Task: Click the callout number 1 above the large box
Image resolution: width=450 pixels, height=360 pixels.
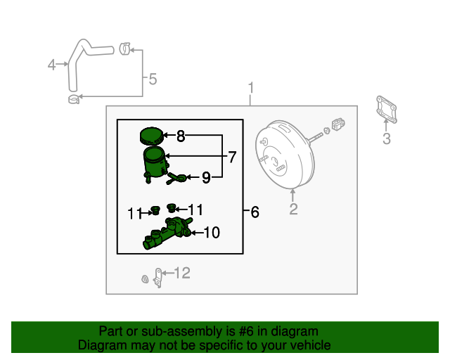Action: coord(250,89)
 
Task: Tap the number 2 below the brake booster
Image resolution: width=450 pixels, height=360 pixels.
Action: coord(293,209)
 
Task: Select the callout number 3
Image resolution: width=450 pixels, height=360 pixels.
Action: coord(386,139)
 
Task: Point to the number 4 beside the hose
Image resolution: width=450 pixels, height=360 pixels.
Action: coord(51,65)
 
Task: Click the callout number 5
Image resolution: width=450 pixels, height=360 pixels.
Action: coord(153,79)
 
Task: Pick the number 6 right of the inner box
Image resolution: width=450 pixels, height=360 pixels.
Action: coord(254,212)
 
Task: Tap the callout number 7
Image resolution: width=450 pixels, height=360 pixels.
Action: coord(231,156)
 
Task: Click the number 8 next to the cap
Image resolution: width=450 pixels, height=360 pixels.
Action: coord(180,136)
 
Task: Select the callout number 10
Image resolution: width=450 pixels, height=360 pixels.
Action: coord(212,232)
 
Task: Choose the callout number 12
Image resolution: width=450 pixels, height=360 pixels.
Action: coord(182,273)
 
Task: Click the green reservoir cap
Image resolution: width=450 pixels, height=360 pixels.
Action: coord(150,135)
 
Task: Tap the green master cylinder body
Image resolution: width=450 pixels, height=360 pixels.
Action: coord(167,235)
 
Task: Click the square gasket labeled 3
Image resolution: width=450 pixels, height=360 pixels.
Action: coord(385,111)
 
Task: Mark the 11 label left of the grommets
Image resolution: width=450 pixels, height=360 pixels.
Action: coord(134,213)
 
